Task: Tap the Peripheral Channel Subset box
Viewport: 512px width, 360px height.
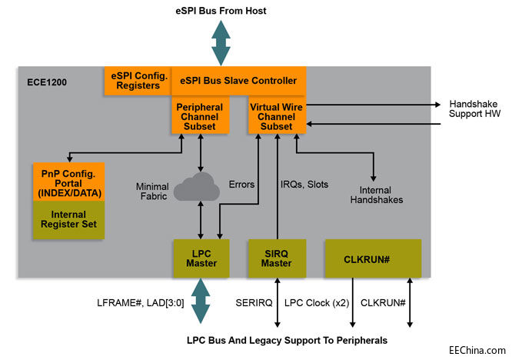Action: [200, 115]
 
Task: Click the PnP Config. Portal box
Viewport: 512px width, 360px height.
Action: [68, 181]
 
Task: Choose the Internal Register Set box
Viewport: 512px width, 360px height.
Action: [68, 219]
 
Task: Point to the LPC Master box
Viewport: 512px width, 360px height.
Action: [200, 258]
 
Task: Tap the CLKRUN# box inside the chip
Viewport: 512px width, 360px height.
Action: [372, 258]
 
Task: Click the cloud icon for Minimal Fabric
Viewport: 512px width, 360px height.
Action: [199, 188]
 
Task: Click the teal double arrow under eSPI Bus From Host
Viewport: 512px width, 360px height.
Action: [221, 43]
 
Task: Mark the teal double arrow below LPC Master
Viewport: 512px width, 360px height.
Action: [200, 301]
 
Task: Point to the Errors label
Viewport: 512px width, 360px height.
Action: [241, 184]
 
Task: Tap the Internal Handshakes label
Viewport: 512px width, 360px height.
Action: [376, 194]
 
